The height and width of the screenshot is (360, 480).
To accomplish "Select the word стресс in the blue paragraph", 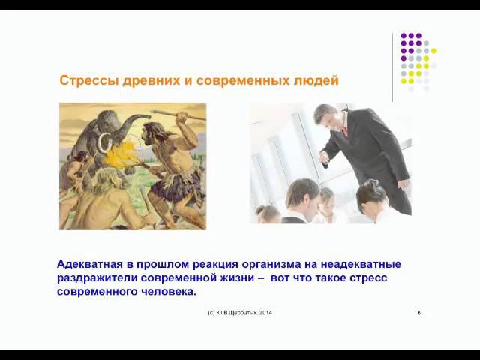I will (x=352, y=277).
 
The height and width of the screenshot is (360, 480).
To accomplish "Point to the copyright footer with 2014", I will (x=239, y=312).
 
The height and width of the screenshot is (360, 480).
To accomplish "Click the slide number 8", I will (x=418, y=312).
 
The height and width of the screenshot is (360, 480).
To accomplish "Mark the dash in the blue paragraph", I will (x=261, y=277).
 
